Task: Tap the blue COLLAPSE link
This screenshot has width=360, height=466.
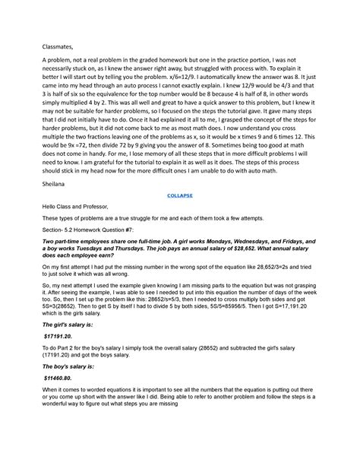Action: point(180,195)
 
